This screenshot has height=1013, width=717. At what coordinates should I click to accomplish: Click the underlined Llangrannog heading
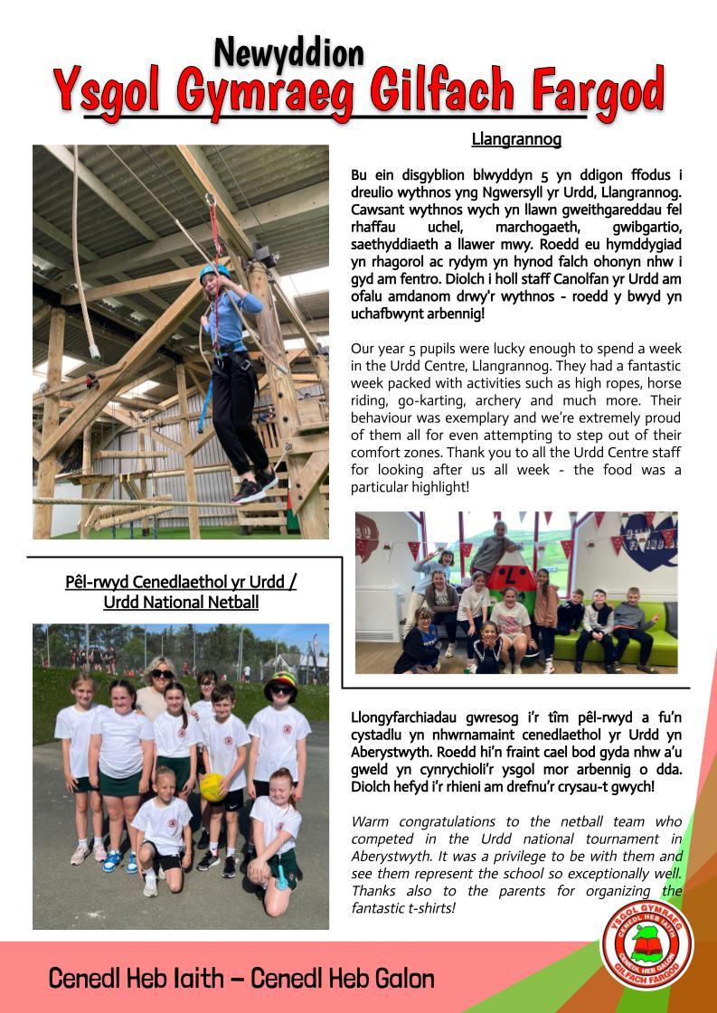pyautogui.click(x=516, y=139)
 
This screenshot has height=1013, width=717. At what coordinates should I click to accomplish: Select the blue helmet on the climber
pyautogui.click(x=214, y=271)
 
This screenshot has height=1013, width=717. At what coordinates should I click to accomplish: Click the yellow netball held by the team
pyautogui.click(x=212, y=785)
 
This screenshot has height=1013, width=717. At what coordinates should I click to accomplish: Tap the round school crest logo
pyautogui.click(x=647, y=945)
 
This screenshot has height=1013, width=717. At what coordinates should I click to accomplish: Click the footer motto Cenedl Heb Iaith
pyautogui.click(x=144, y=978)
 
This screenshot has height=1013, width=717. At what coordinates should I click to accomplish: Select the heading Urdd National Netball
pyautogui.click(x=181, y=602)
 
